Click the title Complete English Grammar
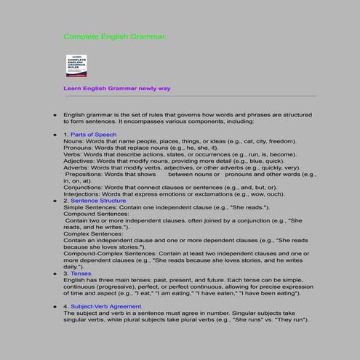(114, 36)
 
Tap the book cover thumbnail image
(76, 66)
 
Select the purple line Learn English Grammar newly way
(116, 88)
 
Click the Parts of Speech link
(93, 135)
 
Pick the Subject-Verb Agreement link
(105, 307)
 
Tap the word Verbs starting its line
(72, 154)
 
